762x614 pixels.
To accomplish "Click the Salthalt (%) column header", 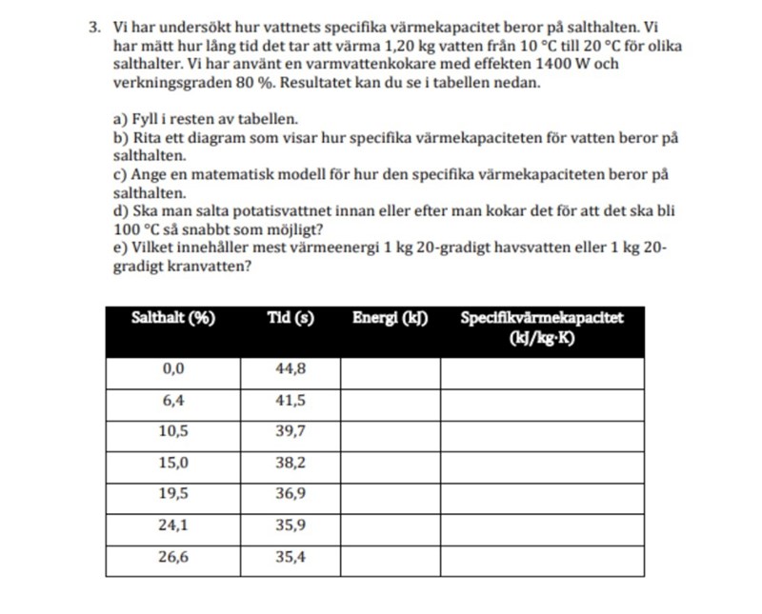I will (172, 319).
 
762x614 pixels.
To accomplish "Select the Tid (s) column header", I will (290, 319).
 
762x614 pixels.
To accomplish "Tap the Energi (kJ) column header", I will (390, 319).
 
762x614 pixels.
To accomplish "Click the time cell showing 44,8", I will (291, 369).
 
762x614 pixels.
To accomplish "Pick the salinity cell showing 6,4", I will (172, 401).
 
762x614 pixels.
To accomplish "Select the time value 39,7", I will (291, 431).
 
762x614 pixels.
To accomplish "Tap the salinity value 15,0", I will (172, 463).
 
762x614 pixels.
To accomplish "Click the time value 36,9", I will (291, 494).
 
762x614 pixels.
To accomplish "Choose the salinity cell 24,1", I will (172, 525).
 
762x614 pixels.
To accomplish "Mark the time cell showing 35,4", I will (291, 558).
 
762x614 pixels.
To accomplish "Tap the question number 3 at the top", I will (93, 28).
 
